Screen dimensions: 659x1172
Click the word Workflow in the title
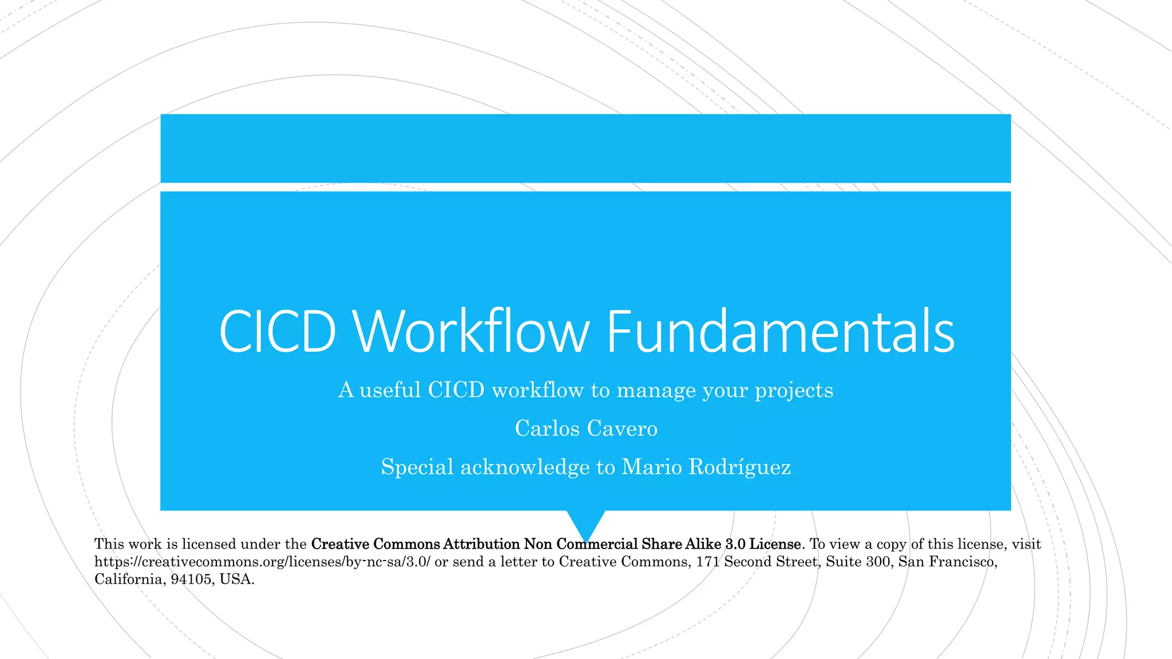pyautogui.click(x=471, y=332)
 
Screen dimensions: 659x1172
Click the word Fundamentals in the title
pyautogui.click(x=780, y=332)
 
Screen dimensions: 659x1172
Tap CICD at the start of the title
pyautogui.click(x=278, y=332)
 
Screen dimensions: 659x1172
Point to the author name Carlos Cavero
pyautogui.click(x=586, y=428)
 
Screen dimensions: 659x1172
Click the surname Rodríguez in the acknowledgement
pyautogui.click(x=739, y=467)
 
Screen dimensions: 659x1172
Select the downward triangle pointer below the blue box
pyautogui.click(x=586, y=522)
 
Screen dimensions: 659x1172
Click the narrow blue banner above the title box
pyautogui.click(x=586, y=149)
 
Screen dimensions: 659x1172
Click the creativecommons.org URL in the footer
pyautogui.click(x=262, y=562)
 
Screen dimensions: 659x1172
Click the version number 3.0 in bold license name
pyautogui.click(x=735, y=544)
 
